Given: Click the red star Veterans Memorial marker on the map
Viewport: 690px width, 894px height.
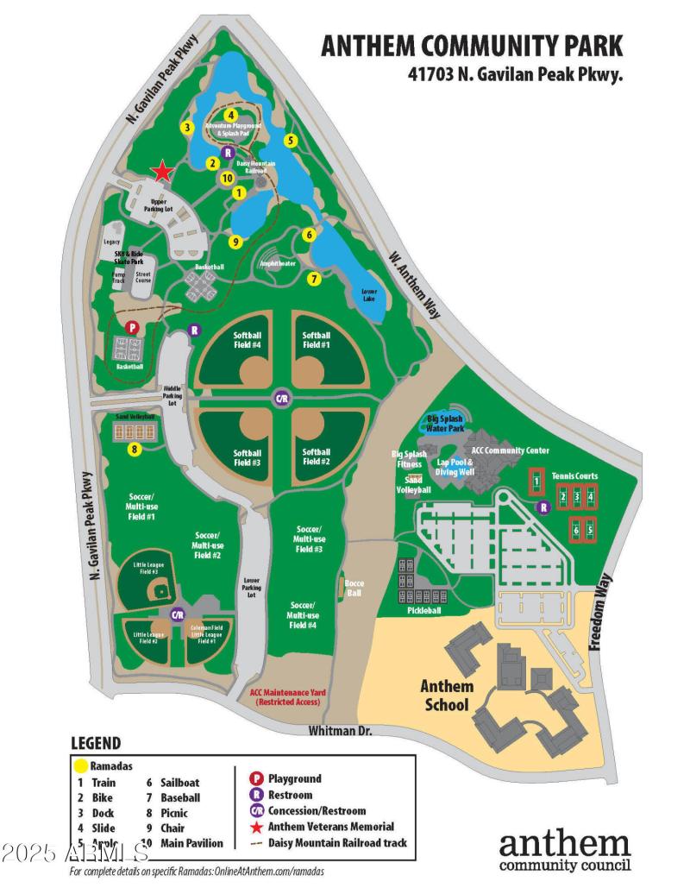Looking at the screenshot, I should (x=161, y=173).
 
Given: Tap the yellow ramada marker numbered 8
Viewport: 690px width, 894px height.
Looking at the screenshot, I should (x=135, y=449).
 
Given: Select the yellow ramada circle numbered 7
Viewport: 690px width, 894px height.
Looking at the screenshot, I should (x=314, y=279).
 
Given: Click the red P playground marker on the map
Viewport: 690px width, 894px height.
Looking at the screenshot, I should (x=131, y=328).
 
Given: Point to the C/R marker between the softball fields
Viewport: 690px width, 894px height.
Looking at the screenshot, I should (x=281, y=398).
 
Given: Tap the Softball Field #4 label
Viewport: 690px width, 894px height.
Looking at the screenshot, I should (x=248, y=340).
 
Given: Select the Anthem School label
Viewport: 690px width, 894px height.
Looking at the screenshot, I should (x=447, y=696).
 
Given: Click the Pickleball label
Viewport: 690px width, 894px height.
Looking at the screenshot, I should (x=423, y=610).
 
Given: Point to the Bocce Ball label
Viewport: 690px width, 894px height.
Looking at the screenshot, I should (x=354, y=588).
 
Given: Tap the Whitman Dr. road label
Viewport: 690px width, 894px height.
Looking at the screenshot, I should (x=341, y=730).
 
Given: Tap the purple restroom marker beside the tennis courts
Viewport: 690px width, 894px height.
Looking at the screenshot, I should (x=543, y=507).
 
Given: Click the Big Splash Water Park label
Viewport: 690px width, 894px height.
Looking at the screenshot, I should (x=446, y=423).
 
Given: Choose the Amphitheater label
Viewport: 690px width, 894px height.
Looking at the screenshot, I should (x=277, y=263).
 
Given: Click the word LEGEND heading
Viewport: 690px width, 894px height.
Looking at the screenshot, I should (x=96, y=743).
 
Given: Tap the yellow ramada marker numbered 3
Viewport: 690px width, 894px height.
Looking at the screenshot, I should (x=185, y=128).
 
